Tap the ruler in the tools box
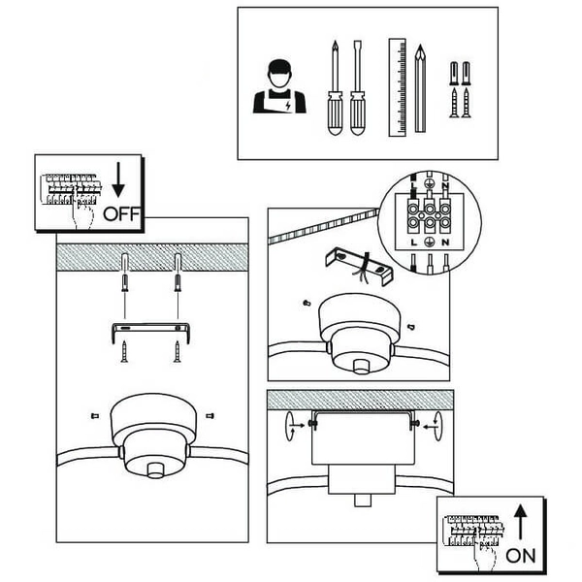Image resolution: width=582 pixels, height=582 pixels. pos(395,87)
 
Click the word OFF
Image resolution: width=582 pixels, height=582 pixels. pos(120,212)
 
